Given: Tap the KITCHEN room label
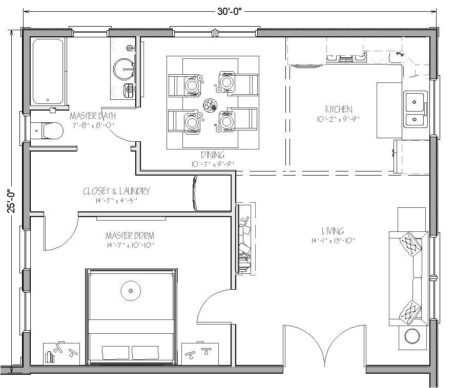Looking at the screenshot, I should (x=339, y=109).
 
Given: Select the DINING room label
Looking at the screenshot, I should (x=212, y=155).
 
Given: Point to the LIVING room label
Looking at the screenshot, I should (x=333, y=231).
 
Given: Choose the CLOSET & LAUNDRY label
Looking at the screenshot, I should (x=116, y=191).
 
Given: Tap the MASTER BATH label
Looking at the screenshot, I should (x=92, y=116).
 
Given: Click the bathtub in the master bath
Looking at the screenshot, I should (x=48, y=71).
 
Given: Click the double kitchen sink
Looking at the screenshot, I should (x=416, y=109).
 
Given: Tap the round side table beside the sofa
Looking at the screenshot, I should (x=413, y=336).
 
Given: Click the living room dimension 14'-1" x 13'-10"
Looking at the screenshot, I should (x=333, y=241).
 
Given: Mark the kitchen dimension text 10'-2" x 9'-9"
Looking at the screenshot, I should (x=339, y=119).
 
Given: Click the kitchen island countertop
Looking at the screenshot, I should (x=389, y=110).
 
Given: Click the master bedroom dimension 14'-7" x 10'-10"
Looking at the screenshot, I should (x=130, y=245).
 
